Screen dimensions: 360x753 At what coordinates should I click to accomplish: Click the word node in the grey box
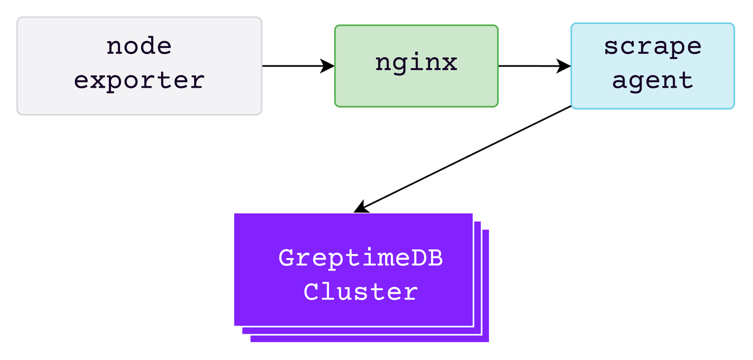tap(139, 46)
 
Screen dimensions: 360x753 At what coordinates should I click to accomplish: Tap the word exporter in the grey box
tap(139, 80)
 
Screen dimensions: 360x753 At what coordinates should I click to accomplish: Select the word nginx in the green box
tap(416, 62)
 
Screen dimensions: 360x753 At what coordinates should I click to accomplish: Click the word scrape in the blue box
tap(652, 46)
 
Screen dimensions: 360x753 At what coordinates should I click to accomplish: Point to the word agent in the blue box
tap(652, 80)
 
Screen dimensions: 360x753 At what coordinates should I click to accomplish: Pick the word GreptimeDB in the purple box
tap(360, 258)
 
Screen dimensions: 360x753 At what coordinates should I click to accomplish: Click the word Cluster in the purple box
tap(360, 292)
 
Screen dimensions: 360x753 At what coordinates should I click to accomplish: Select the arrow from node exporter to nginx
tap(294, 66)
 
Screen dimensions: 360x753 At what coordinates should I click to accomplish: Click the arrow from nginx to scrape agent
tap(529, 66)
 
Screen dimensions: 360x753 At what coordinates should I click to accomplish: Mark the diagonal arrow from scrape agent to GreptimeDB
tap(465, 159)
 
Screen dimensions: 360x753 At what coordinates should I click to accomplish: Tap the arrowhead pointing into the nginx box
tap(328, 66)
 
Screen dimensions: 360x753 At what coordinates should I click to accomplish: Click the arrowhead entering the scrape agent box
tap(565, 66)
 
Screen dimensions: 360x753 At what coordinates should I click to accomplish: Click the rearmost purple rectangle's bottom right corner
tap(488, 341)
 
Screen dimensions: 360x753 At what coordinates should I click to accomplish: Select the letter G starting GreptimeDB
tap(286, 258)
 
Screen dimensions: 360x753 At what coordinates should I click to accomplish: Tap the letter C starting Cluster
tap(311, 292)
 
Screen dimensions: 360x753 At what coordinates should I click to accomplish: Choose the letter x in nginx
tap(449, 62)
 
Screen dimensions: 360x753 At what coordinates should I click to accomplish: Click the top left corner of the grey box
tap(18, 18)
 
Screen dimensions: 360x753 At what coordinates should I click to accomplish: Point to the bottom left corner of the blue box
tap(572, 108)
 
